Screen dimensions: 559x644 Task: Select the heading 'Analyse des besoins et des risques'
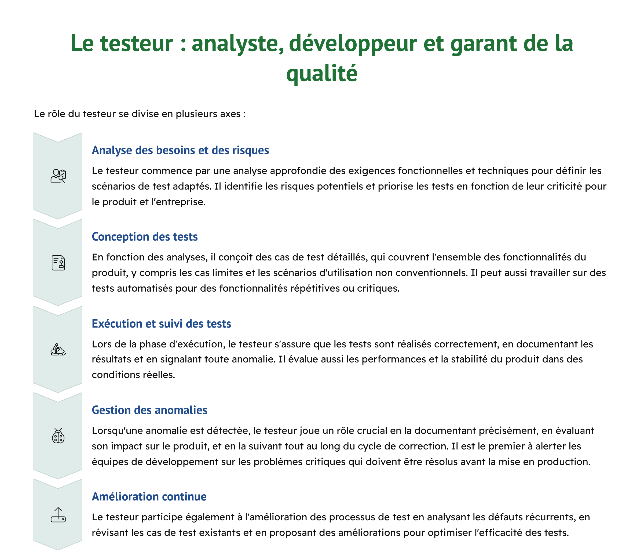pyautogui.click(x=180, y=150)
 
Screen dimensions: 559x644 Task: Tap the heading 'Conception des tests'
pyautogui.click(x=145, y=237)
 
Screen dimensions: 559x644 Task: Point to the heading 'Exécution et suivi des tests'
pyautogui.click(x=161, y=324)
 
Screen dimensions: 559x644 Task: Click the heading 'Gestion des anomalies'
pyautogui.click(x=149, y=410)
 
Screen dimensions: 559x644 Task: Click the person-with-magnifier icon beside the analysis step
pyautogui.click(x=58, y=176)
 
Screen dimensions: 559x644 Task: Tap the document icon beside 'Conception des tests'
pyautogui.click(x=58, y=263)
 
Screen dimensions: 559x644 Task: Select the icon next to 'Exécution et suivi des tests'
pyautogui.click(x=58, y=350)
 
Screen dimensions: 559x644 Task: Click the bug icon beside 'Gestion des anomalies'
pyautogui.click(x=58, y=436)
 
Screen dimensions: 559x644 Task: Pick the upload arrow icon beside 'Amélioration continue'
pyautogui.click(x=58, y=515)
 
